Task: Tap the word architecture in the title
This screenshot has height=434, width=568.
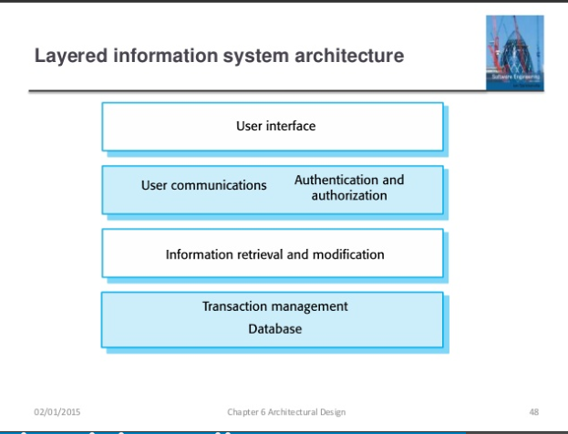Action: click(x=346, y=57)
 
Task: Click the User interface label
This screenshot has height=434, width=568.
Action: click(x=276, y=126)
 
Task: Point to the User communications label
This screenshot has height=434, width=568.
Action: click(x=204, y=185)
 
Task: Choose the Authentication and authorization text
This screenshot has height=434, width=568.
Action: click(x=349, y=188)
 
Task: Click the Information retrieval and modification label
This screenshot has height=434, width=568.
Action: click(x=274, y=254)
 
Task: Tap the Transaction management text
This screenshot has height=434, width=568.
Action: click(x=274, y=306)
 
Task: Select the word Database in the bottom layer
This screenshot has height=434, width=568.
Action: click(x=274, y=328)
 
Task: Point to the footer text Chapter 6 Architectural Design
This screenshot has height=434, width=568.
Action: click(x=286, y=412)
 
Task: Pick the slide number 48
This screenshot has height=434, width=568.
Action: click(x=533, y=412)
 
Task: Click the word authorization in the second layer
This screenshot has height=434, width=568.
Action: click(x=349, y=195)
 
